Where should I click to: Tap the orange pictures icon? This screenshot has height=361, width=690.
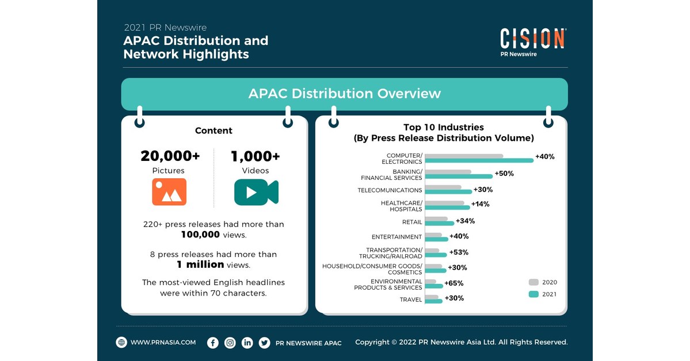click(x=169, y=192)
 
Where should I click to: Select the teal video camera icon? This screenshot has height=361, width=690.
click(x=256, y=192)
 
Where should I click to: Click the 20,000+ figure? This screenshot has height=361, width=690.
click(x=170, y=156)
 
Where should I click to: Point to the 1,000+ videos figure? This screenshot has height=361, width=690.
click(x=256, y=156)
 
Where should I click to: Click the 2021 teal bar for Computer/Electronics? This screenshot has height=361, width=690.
click(x=479, y=160)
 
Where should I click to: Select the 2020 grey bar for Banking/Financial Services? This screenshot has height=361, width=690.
click(x=448, y=171)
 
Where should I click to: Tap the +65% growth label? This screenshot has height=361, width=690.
click(x=453, y=283)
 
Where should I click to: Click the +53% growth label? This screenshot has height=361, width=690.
click(x=458, y=252)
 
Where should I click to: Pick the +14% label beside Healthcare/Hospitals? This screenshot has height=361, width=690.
click(x=481, y=204)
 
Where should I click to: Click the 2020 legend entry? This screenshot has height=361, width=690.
click(x=543, y=282)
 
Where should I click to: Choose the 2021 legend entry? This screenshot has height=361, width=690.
click(x=543, y=294)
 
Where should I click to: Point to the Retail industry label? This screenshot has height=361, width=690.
click(x=412, y=222)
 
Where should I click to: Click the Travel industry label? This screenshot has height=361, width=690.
click(x=411, y=299)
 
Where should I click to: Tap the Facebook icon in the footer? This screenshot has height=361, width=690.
click(x=213, y=343)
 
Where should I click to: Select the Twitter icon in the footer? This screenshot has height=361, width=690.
click(x=264, y=343)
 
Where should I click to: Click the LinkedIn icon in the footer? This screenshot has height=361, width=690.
click(x=247, y=343)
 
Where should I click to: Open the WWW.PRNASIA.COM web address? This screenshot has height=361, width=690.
click(x=163, y=343)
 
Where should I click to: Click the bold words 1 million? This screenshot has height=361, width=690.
click(x=200, y=264)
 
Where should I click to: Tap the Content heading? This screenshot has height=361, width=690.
click(x=214, y=130)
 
